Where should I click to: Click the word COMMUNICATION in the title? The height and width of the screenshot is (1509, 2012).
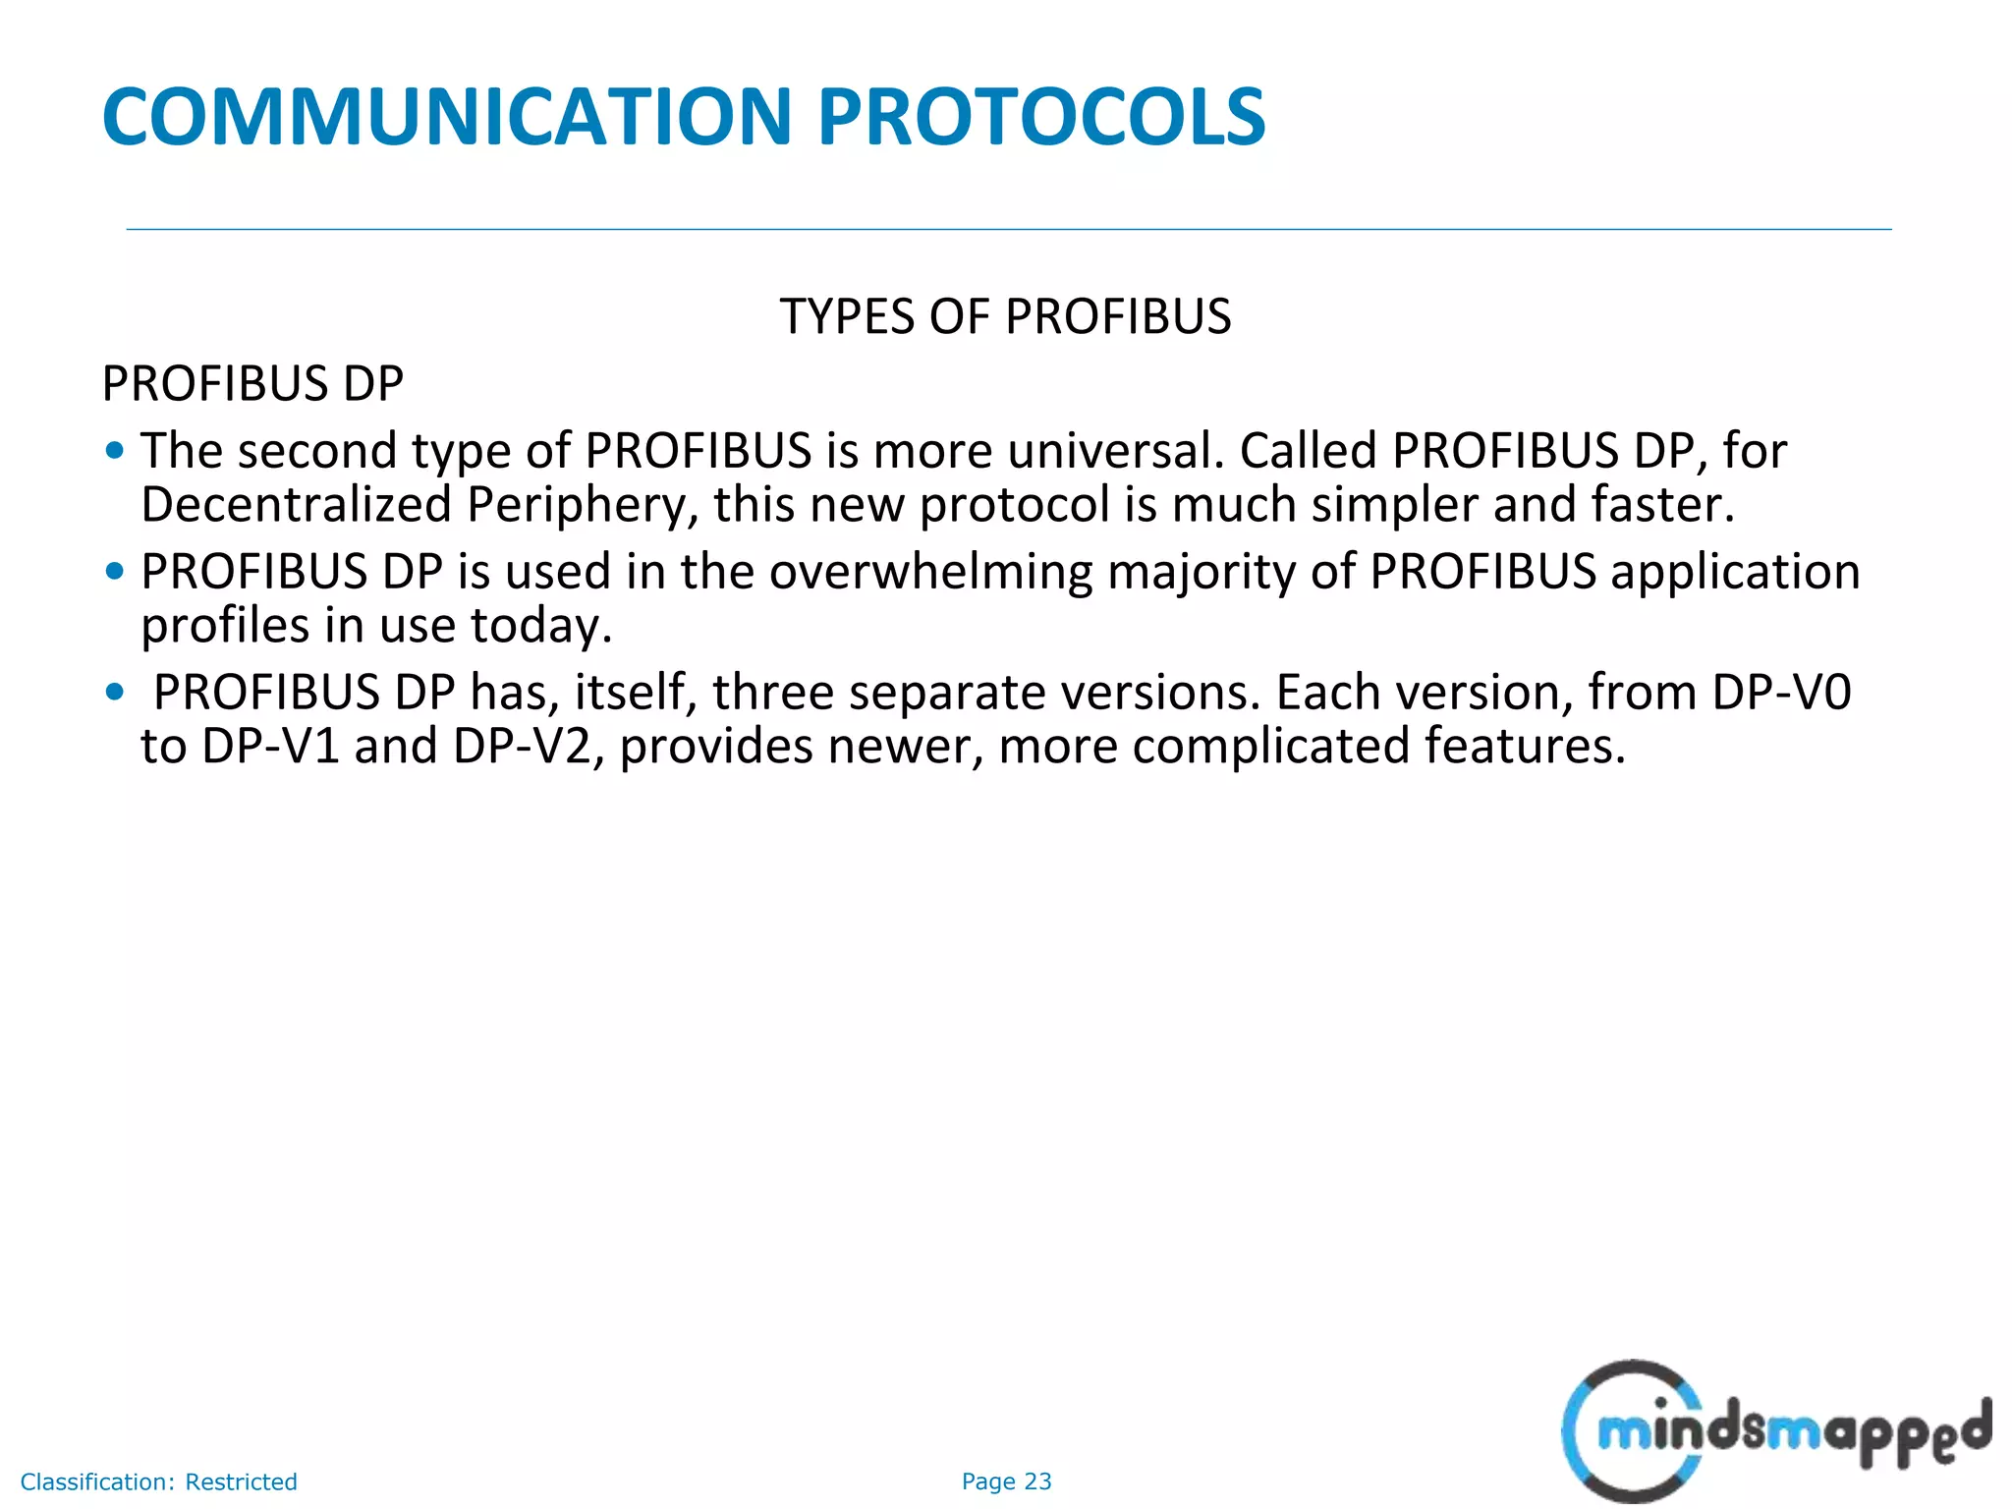(447, 117)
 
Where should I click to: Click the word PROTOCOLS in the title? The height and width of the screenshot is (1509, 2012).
(1041, 117)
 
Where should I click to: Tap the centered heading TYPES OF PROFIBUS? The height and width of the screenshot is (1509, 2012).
(1005, 317)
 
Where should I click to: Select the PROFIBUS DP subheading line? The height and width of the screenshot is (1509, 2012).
(252, 384)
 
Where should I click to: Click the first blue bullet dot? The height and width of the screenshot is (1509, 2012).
(115, 451)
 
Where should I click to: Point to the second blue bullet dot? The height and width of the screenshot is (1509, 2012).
(115, 572)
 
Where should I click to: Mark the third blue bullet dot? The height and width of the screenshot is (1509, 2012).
(115, 693)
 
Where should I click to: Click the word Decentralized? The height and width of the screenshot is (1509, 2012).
(296, 505)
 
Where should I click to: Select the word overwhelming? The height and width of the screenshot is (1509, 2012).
(930, 572)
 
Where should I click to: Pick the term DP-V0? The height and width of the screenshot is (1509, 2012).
(1781, 693)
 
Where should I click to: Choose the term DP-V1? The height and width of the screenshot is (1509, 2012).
(270, 747)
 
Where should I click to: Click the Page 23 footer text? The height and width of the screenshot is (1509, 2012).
(1006, 1481)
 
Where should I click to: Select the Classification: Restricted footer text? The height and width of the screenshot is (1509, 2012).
(158, 1481)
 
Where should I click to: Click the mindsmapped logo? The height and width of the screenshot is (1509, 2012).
(1773, 1430)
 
